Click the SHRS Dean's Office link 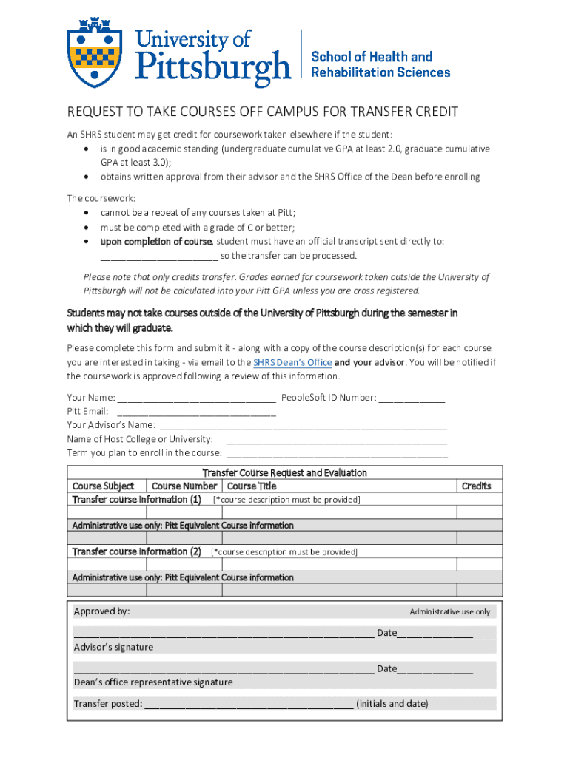tap(292, 363)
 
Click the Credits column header tap(476, 486)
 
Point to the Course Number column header tap(184, 486)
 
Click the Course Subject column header tap(103, 486)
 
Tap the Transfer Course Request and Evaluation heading tap(285, 473)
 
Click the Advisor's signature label tap(113, 648)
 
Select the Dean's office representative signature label tap(153, 682)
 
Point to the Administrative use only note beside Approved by tap(449, 612)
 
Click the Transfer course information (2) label tap(136, 552)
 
